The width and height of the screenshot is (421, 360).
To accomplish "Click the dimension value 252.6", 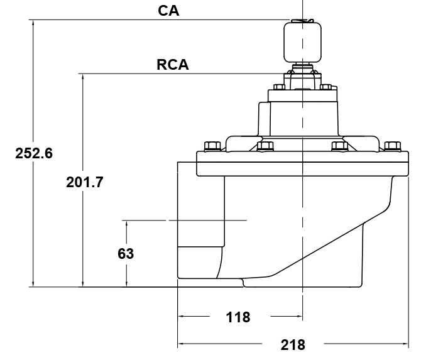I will (x=34, y=153).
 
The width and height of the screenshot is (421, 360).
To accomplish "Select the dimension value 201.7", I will (x=85, y=182).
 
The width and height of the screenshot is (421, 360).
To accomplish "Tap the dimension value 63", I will (x=126, y=254).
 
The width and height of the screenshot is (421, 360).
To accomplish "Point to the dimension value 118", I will (x=238, y=317).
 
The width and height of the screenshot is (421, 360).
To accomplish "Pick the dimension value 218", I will (x=293, y=344).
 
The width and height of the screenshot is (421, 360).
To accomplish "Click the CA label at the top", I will (x=168, y=11).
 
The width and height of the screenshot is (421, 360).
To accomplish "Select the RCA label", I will (x=172, y=65).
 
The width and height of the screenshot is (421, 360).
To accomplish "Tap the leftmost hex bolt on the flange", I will (x=212, y=146).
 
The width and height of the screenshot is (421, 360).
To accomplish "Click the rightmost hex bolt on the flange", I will (x=393, y=146).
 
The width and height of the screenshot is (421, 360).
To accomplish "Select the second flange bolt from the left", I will (x=266, y=146).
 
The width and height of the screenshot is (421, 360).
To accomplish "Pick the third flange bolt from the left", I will (x=339, y=146).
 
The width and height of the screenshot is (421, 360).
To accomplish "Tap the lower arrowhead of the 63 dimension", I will (x=126, y=285).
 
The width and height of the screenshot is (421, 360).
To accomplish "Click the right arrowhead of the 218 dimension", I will (x=407, y=344).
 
